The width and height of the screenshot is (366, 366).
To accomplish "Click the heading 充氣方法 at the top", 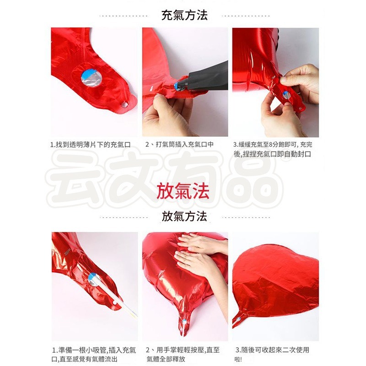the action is (184, 16).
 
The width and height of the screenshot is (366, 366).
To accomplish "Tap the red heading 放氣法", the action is (183, 191).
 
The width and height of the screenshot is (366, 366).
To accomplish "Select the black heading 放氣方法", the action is (184, 216).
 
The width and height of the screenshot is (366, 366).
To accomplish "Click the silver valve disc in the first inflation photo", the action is (91, 78).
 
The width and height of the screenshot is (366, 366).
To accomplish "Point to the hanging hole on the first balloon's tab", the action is (124, 105).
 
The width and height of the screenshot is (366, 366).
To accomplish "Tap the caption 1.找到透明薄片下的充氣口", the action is (90, 145).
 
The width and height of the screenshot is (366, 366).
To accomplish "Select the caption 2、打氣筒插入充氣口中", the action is (179, 145).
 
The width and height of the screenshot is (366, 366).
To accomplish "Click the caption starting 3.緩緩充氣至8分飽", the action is (273, 150).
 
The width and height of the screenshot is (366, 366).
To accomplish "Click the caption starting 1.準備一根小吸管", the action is (94, 355).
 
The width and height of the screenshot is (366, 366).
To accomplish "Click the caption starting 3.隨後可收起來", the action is (272, 355).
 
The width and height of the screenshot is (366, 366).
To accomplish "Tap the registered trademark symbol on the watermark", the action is (289, 158).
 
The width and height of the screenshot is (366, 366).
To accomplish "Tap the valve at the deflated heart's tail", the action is (238, 319).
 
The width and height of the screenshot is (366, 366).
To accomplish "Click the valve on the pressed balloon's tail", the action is (184, 322).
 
